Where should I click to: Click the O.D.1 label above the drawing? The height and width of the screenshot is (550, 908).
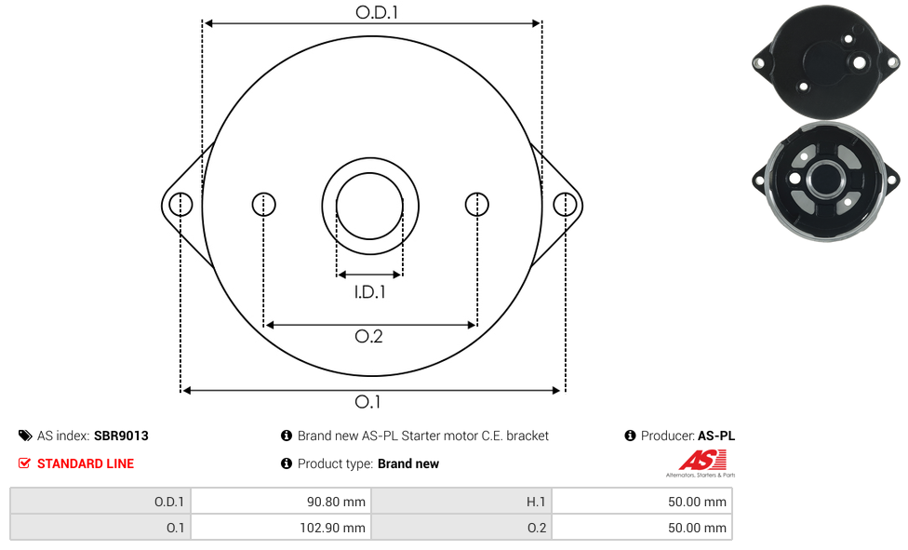(x=377, y=12)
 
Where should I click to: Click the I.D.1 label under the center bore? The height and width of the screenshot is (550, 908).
(x=369, y=291)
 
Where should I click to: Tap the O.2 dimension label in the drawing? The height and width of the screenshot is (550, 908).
(x=368, y=336)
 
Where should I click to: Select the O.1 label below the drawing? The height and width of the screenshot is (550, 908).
(x=367, y=402)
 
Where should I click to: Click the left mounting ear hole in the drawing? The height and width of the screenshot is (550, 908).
(x=180, y=205)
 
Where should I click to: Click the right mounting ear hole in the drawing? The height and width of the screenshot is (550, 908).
(x=565, y=205)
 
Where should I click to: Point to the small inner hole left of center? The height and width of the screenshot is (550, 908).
(x=264, y=204)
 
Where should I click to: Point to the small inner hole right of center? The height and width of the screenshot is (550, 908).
(x=477, y=204)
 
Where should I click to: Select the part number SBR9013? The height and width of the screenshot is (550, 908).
(x=121, y=436)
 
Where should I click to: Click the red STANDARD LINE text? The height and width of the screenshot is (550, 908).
(x=86, y=463)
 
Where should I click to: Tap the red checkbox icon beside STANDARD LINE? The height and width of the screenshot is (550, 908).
(x=24, y=463)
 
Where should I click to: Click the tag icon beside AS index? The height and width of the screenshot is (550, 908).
(x=25, y=436)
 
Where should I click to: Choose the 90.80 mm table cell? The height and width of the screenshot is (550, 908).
(x=281, y=502)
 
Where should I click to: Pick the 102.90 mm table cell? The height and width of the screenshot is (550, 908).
(x=281, y=528)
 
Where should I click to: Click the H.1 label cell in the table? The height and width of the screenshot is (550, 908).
(x=461, y=502)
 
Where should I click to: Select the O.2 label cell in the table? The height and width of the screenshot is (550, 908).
(x=461, y=528)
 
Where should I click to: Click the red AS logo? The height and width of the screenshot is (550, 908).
(x=702, y=460)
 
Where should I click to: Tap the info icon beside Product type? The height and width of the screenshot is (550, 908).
(x=286, y=463)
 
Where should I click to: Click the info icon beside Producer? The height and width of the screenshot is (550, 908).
(x=630, y=436)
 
